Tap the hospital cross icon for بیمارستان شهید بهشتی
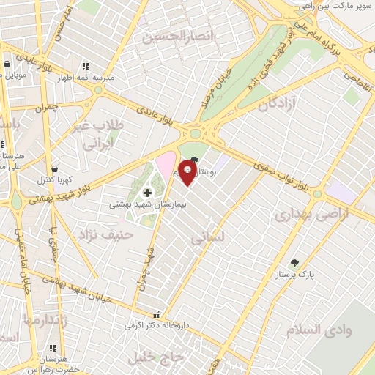point(147,193)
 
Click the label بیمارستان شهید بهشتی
point(148,205)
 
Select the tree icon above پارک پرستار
point(294,263)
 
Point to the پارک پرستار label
point(297,275)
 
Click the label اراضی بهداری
point(305,215)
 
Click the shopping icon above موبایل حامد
point(7,64)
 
